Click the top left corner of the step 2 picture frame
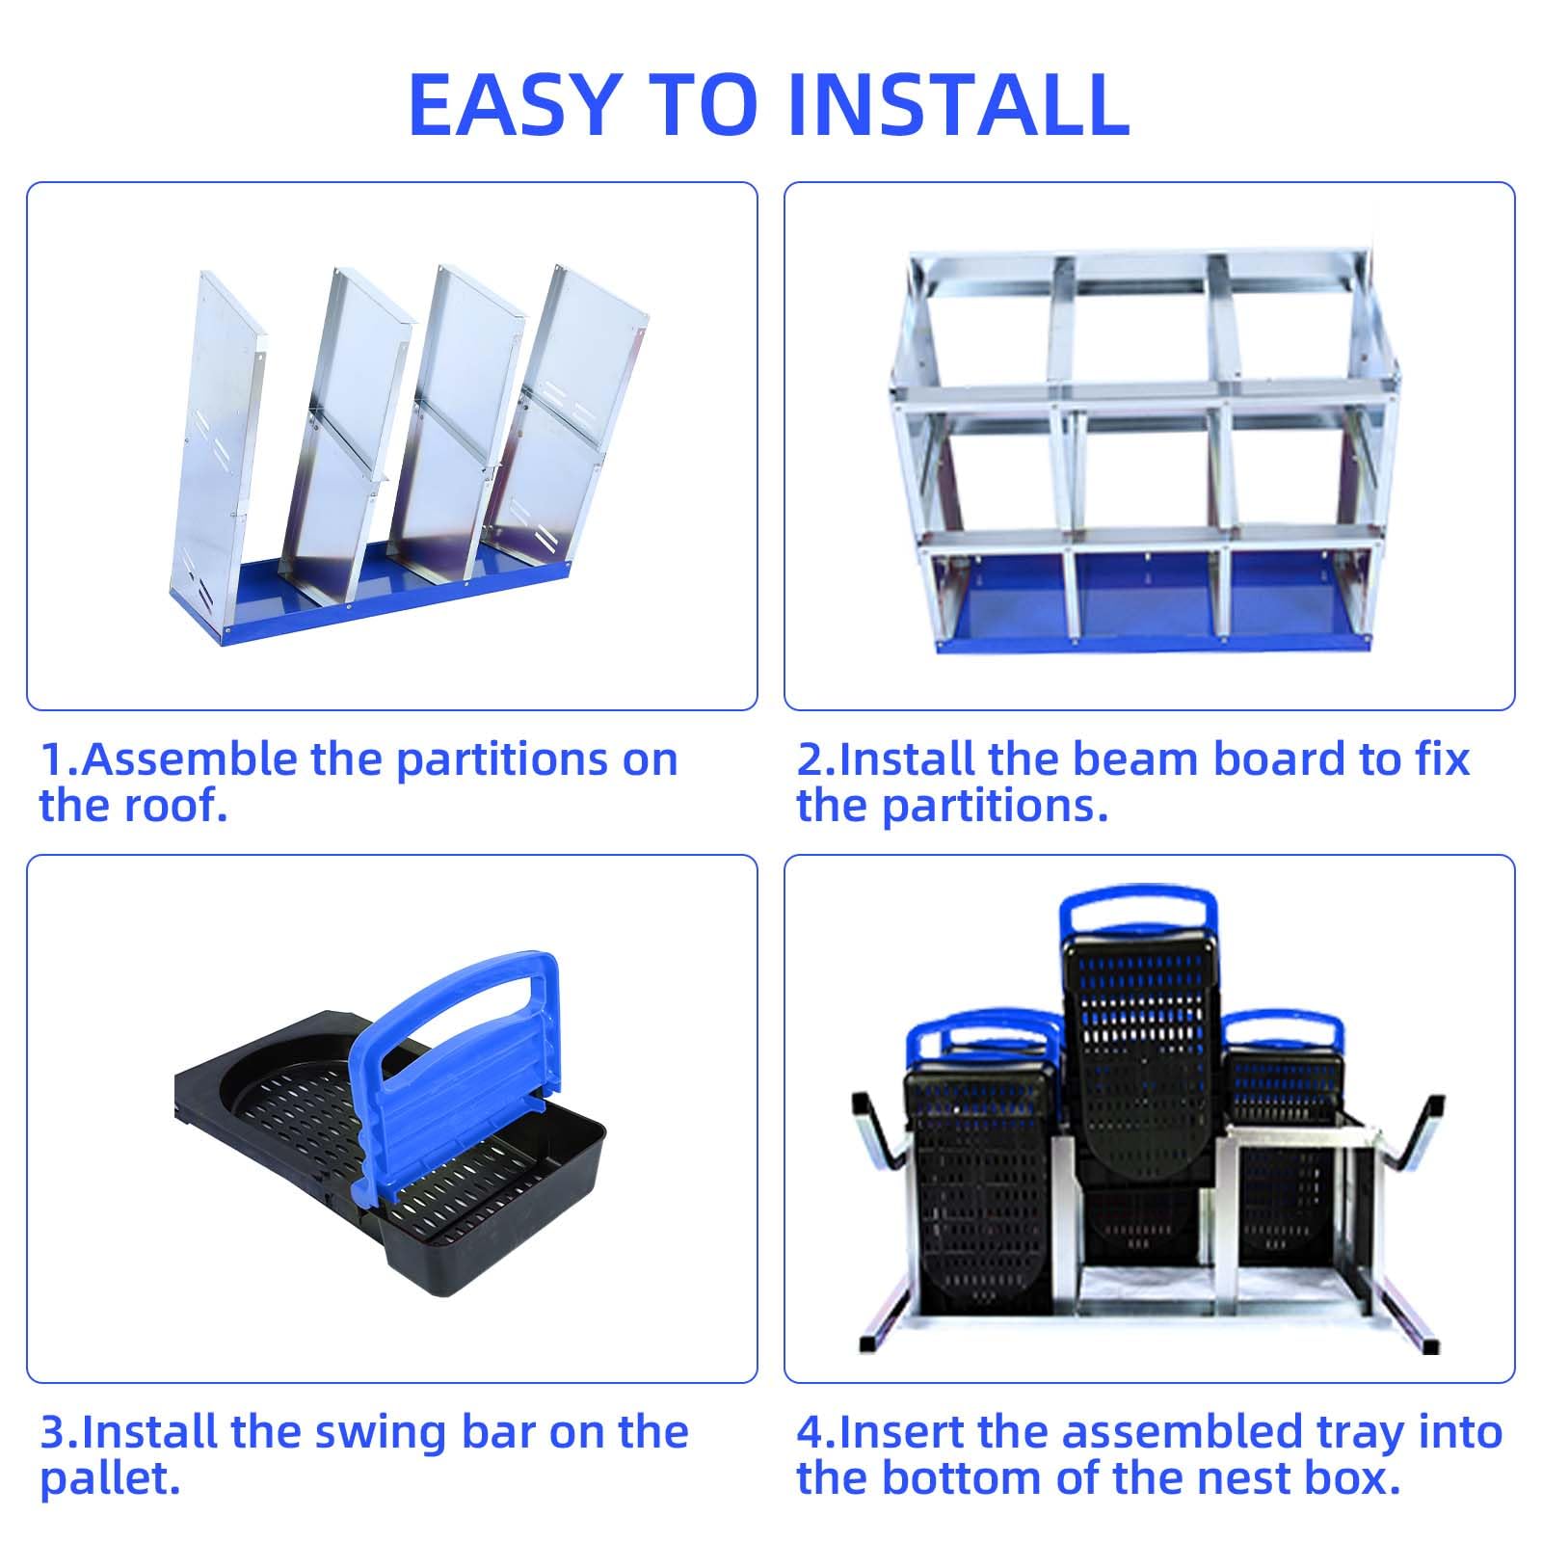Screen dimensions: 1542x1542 (x=784, y=182)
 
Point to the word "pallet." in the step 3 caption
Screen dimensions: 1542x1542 (x=110, y=1480)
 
